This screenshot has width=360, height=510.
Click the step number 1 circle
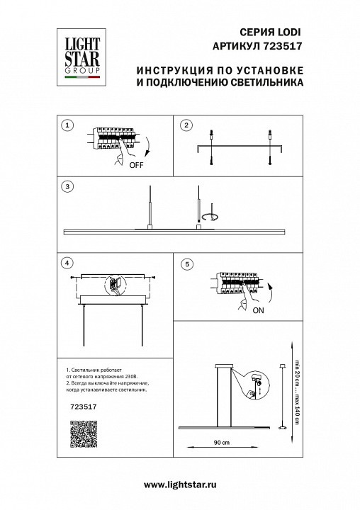pos(67,125)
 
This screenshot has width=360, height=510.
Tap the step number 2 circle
pos(186,125)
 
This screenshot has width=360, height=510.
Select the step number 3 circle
pos(67,187)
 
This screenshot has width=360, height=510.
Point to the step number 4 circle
pos(67,263)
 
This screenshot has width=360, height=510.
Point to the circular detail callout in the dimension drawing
pos(256,385)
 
